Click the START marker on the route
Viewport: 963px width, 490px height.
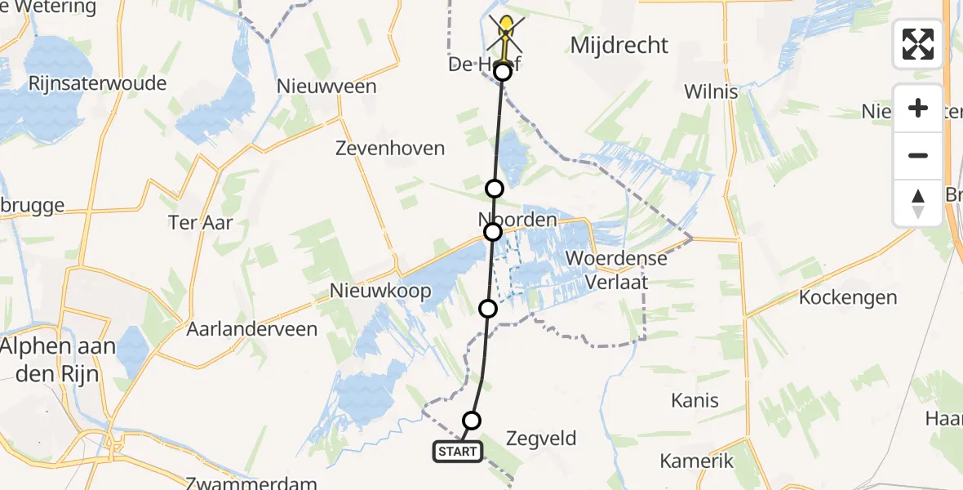457,452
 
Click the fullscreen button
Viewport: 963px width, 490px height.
918,44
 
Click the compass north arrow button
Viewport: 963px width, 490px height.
918,203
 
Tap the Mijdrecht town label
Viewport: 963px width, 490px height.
619,45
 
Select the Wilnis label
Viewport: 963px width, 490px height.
712,91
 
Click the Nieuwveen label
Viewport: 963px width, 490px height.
326,87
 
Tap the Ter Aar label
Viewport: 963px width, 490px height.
200,221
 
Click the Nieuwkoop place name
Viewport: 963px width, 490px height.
380,291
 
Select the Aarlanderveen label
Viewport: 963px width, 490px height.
251,328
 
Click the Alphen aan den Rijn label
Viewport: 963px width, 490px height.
58,359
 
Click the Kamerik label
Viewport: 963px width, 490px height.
696,461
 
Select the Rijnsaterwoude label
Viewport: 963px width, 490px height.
97,83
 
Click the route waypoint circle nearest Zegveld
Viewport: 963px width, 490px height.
472,421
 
